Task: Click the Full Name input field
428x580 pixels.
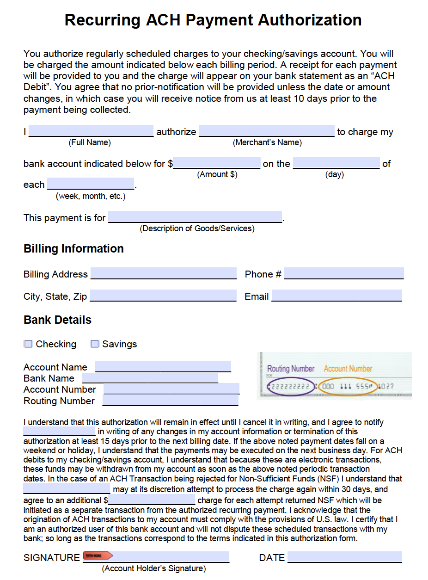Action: pos(91,131)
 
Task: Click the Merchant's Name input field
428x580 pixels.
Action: pos(266,131)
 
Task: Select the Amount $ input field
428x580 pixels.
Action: pos(217,163)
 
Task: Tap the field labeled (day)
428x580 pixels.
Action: pos(336,163)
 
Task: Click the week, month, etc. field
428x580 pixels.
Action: pos(91,184)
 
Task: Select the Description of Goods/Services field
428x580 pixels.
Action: pos(195,217)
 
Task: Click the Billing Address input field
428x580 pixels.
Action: pos(164,273)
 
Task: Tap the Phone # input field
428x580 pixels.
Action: pos(343,273)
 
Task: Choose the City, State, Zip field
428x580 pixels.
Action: pos(163,296)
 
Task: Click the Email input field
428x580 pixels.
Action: pos(336,296)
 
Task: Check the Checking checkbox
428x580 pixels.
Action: pos(29,344)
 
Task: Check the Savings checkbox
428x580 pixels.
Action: pos(95,344)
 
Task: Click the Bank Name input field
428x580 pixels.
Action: pos(150,378)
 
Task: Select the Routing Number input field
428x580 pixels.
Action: pos(170,401)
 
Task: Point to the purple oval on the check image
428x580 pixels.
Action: pos(290,387)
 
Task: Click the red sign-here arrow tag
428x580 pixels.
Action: pos(97,556)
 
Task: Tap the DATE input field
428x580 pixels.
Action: pos(344,557)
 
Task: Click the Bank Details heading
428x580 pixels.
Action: pos(57,320)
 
